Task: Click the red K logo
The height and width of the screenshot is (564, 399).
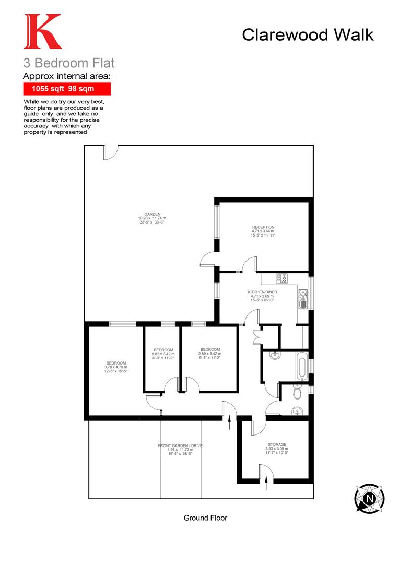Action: tap(42, 32)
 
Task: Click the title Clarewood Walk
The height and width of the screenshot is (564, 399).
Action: tap(308, 35)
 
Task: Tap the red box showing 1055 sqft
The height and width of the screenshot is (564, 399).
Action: tap(66, 89)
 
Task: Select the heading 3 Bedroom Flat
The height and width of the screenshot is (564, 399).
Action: tap(68, 64)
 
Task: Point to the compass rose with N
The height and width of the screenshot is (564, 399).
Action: tap(369, 498)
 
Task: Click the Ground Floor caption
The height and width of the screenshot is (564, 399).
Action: tap(205, 518)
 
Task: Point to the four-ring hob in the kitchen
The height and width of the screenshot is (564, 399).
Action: tap(281, 278)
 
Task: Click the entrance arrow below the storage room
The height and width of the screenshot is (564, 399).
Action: tap(267, 484)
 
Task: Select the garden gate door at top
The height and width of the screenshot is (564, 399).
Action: tap(111, 151)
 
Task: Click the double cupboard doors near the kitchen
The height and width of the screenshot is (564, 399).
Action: tap(254, 334)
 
